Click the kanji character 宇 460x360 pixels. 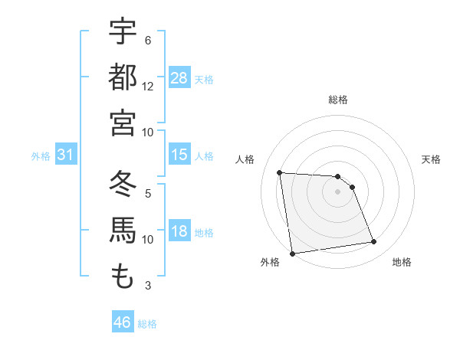click(123, 33)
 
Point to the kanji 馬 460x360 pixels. click(123, 231)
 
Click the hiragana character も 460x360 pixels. click(123, 276)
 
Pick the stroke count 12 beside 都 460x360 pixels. click(148, 86)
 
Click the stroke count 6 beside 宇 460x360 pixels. click(147, 41)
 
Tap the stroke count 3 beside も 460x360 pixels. click(147, 286)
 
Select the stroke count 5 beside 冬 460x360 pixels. click(147, 194)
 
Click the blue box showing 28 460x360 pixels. click(179, 78)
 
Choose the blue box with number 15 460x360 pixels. click(179, 155)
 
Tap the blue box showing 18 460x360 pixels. click(179, 231)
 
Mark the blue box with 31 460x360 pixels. click(66, 155)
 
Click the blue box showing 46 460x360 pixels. click(122, 322)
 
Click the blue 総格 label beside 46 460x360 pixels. click(147, 324)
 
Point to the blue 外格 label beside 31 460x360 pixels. click(41, 156)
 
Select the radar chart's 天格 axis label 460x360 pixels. click(431, 159)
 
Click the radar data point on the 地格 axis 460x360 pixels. click(374, 242)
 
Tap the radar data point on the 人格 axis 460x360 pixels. click(280, 173)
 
